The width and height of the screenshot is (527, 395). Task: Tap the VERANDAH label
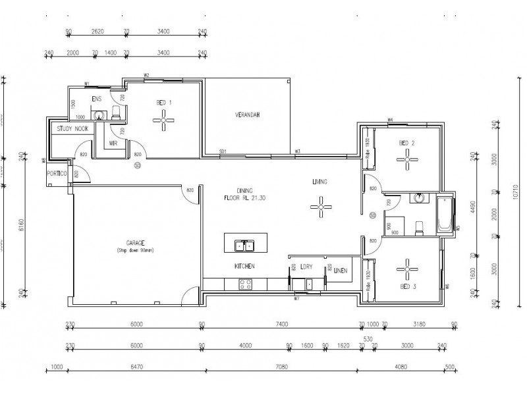click(x=248, y=115)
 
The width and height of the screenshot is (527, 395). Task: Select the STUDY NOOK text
click(x=72, y=129)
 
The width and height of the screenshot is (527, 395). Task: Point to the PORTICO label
click(x=57, y=174)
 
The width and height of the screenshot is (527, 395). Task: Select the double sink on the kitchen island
click(x=244, y=246)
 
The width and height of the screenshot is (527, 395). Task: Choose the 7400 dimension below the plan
click(x=281, y=324)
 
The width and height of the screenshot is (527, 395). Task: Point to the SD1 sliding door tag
click(x=223, y=152)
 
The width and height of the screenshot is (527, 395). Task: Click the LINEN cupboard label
click(x=341, y=270)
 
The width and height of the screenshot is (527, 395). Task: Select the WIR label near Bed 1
click(x=113, y=142)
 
